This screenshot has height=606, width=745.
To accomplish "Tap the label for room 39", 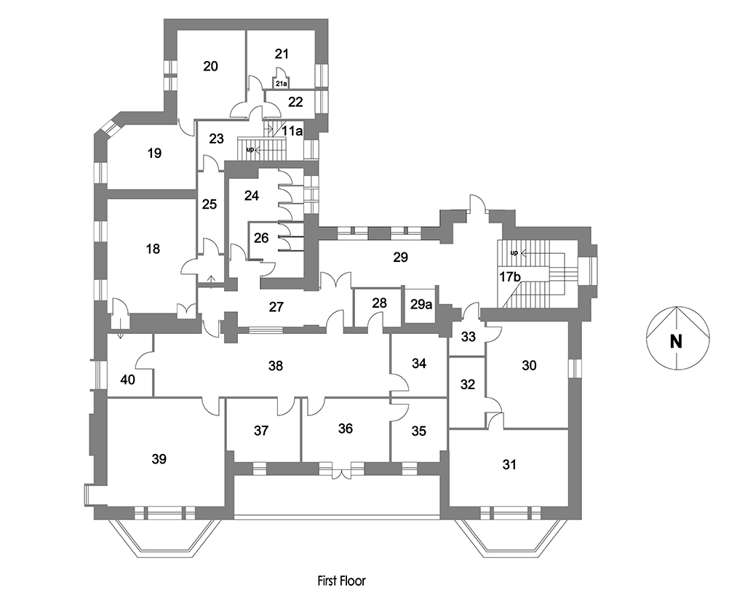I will [159, 459].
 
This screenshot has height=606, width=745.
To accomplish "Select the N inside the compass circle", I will [676, 340].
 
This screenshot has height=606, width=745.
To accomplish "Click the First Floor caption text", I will [341, 581].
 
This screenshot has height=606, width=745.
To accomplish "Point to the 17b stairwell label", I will [510, 276].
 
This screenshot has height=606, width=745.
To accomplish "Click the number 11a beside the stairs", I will [292, 131].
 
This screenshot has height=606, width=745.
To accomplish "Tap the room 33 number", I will [469, 336].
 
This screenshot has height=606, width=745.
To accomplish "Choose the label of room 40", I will [127, 380].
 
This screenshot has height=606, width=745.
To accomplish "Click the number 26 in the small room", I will [261, 237].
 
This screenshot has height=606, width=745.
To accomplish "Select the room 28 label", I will [379, 302].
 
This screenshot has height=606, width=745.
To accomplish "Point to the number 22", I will [295, 102].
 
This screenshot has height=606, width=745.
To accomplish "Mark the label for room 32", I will [468, 385].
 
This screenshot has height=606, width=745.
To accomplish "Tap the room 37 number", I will [261, 431].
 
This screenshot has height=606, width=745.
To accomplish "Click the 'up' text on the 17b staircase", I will [514, 253].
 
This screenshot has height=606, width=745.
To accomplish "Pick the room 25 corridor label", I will [210, 204].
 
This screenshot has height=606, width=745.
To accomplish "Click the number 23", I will [216, 138].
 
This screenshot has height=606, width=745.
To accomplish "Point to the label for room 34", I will [418, 363].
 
